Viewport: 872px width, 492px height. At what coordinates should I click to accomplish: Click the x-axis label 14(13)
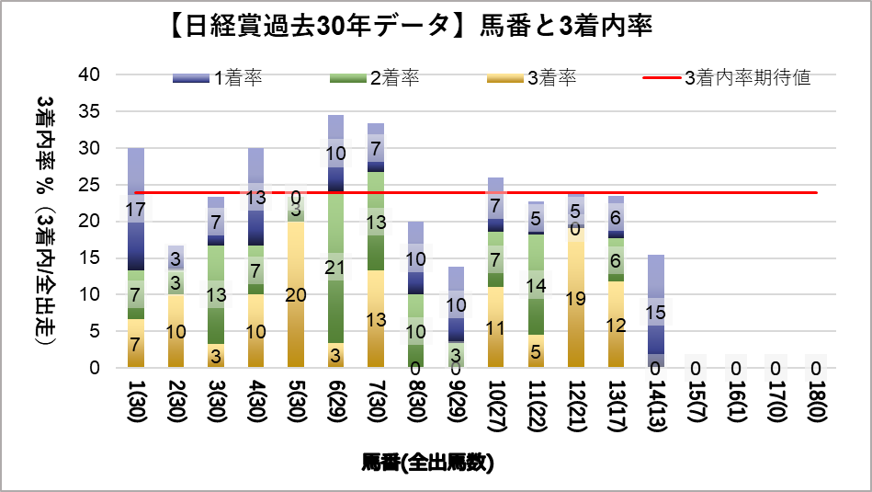point(656,404)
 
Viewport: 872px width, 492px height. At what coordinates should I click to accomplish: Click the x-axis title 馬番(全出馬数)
point(428,463)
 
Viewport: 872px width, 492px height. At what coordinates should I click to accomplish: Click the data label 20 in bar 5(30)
point(295,295)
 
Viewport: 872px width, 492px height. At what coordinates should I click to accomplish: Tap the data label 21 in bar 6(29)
point(335,268)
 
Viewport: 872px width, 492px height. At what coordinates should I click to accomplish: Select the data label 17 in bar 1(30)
point(135,210)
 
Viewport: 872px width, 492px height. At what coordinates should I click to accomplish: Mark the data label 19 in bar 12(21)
point(576,298)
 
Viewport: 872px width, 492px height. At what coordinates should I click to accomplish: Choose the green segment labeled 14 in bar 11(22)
point(536,285)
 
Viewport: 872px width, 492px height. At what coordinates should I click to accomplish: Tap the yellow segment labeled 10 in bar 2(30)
point(176,331)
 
